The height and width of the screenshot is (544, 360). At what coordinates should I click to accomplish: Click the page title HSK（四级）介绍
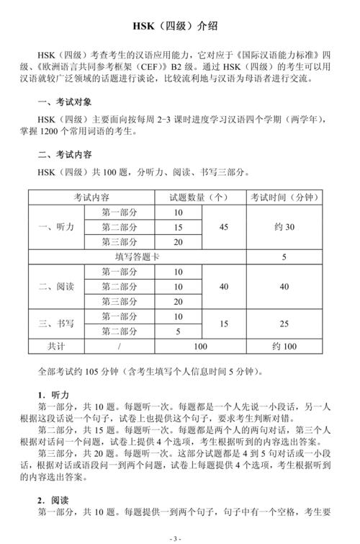pos(179,27)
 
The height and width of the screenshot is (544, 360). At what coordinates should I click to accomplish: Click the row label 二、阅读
pos(55,286)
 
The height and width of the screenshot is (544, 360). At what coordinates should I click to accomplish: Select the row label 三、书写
pos(55,324)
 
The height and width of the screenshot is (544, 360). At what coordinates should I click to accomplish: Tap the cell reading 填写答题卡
pos(137,257)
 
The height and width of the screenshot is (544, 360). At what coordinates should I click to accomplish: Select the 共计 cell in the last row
pos(55,347)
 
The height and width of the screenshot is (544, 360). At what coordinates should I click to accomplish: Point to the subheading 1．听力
pos(53,396)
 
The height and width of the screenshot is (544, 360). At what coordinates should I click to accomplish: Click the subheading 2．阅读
pos(53,499)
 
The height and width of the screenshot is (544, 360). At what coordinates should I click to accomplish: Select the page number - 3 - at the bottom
pos(179,538)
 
